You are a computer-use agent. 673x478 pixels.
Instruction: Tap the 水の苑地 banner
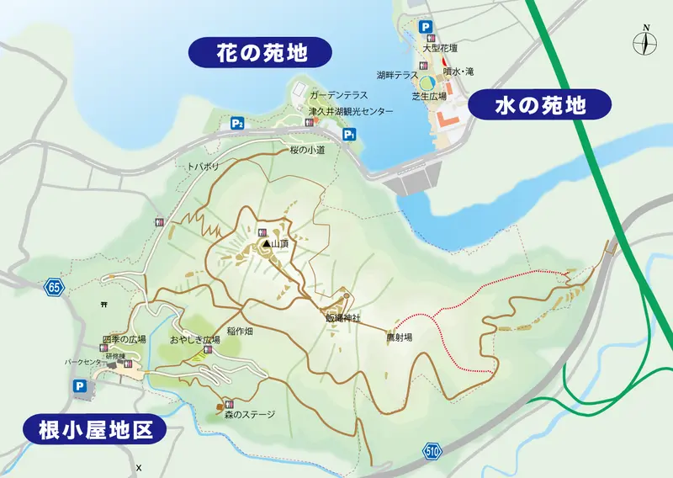click(538, 105)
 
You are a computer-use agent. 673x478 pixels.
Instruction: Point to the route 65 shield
click(55, 287)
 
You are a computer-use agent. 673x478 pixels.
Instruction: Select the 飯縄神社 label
click(342, 318)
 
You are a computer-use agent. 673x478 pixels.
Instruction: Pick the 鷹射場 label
click(399, 337)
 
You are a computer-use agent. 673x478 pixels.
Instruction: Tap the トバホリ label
click(203, 167)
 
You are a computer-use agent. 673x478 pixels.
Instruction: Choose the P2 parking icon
click(237, 124)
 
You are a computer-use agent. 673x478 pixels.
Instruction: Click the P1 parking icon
click(349, 135)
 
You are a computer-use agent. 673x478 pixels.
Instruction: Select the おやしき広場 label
click(194, 339)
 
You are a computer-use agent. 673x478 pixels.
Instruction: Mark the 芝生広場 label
click(429, 97)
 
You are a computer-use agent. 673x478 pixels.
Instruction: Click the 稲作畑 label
click(240, 332)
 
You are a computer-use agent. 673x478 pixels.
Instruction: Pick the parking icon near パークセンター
click(80, 386)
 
